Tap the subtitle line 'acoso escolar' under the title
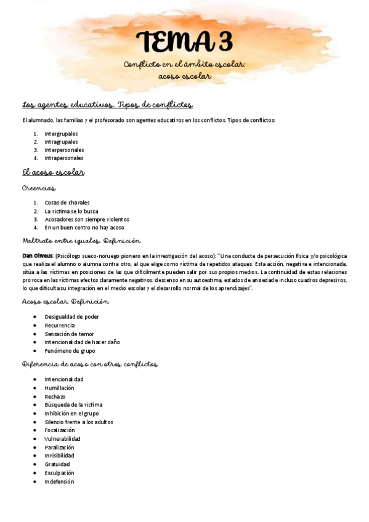(x=184, y=76)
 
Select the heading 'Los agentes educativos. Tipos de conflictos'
(x=108, y=105)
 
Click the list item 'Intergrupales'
(x=61, y=134)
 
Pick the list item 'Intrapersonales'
(x=63, y=158)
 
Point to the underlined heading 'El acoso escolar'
(x=53, y=172)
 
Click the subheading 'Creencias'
(x=39, y=188)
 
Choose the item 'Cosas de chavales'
(x=67, y=203)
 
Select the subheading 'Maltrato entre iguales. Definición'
(x=81, y=241)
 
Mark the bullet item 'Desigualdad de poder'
(x=71, y=316)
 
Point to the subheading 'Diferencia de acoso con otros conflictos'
(x=89, y=364)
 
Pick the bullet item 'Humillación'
(x=59, y=388)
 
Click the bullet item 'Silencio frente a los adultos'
(x=79, y=422)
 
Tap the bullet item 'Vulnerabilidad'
(x=63, y=439)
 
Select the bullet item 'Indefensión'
(x=59, y=481)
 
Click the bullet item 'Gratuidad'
(x=57, y=464)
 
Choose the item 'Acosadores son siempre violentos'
(x=87, y=219)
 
